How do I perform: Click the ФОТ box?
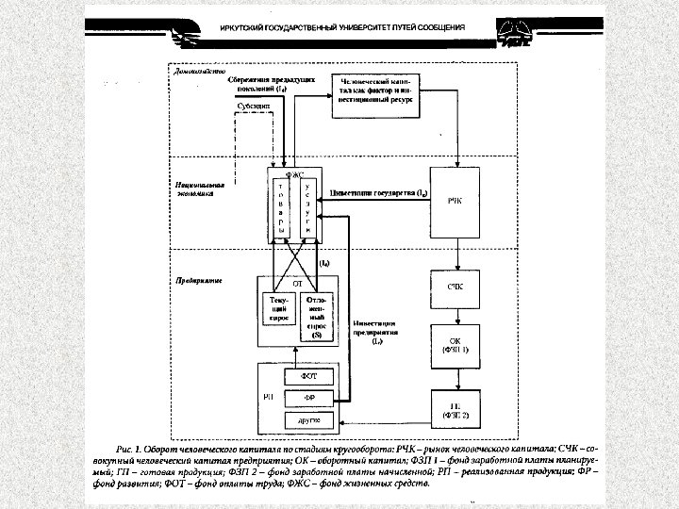[308, 375]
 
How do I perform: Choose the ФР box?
[308, 397]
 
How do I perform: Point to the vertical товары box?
[280, 208]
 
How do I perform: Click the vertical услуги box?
[307, 208]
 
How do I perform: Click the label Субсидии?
[254, 107]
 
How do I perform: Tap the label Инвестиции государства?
[380, 193]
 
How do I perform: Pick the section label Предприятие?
[196, 281]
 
